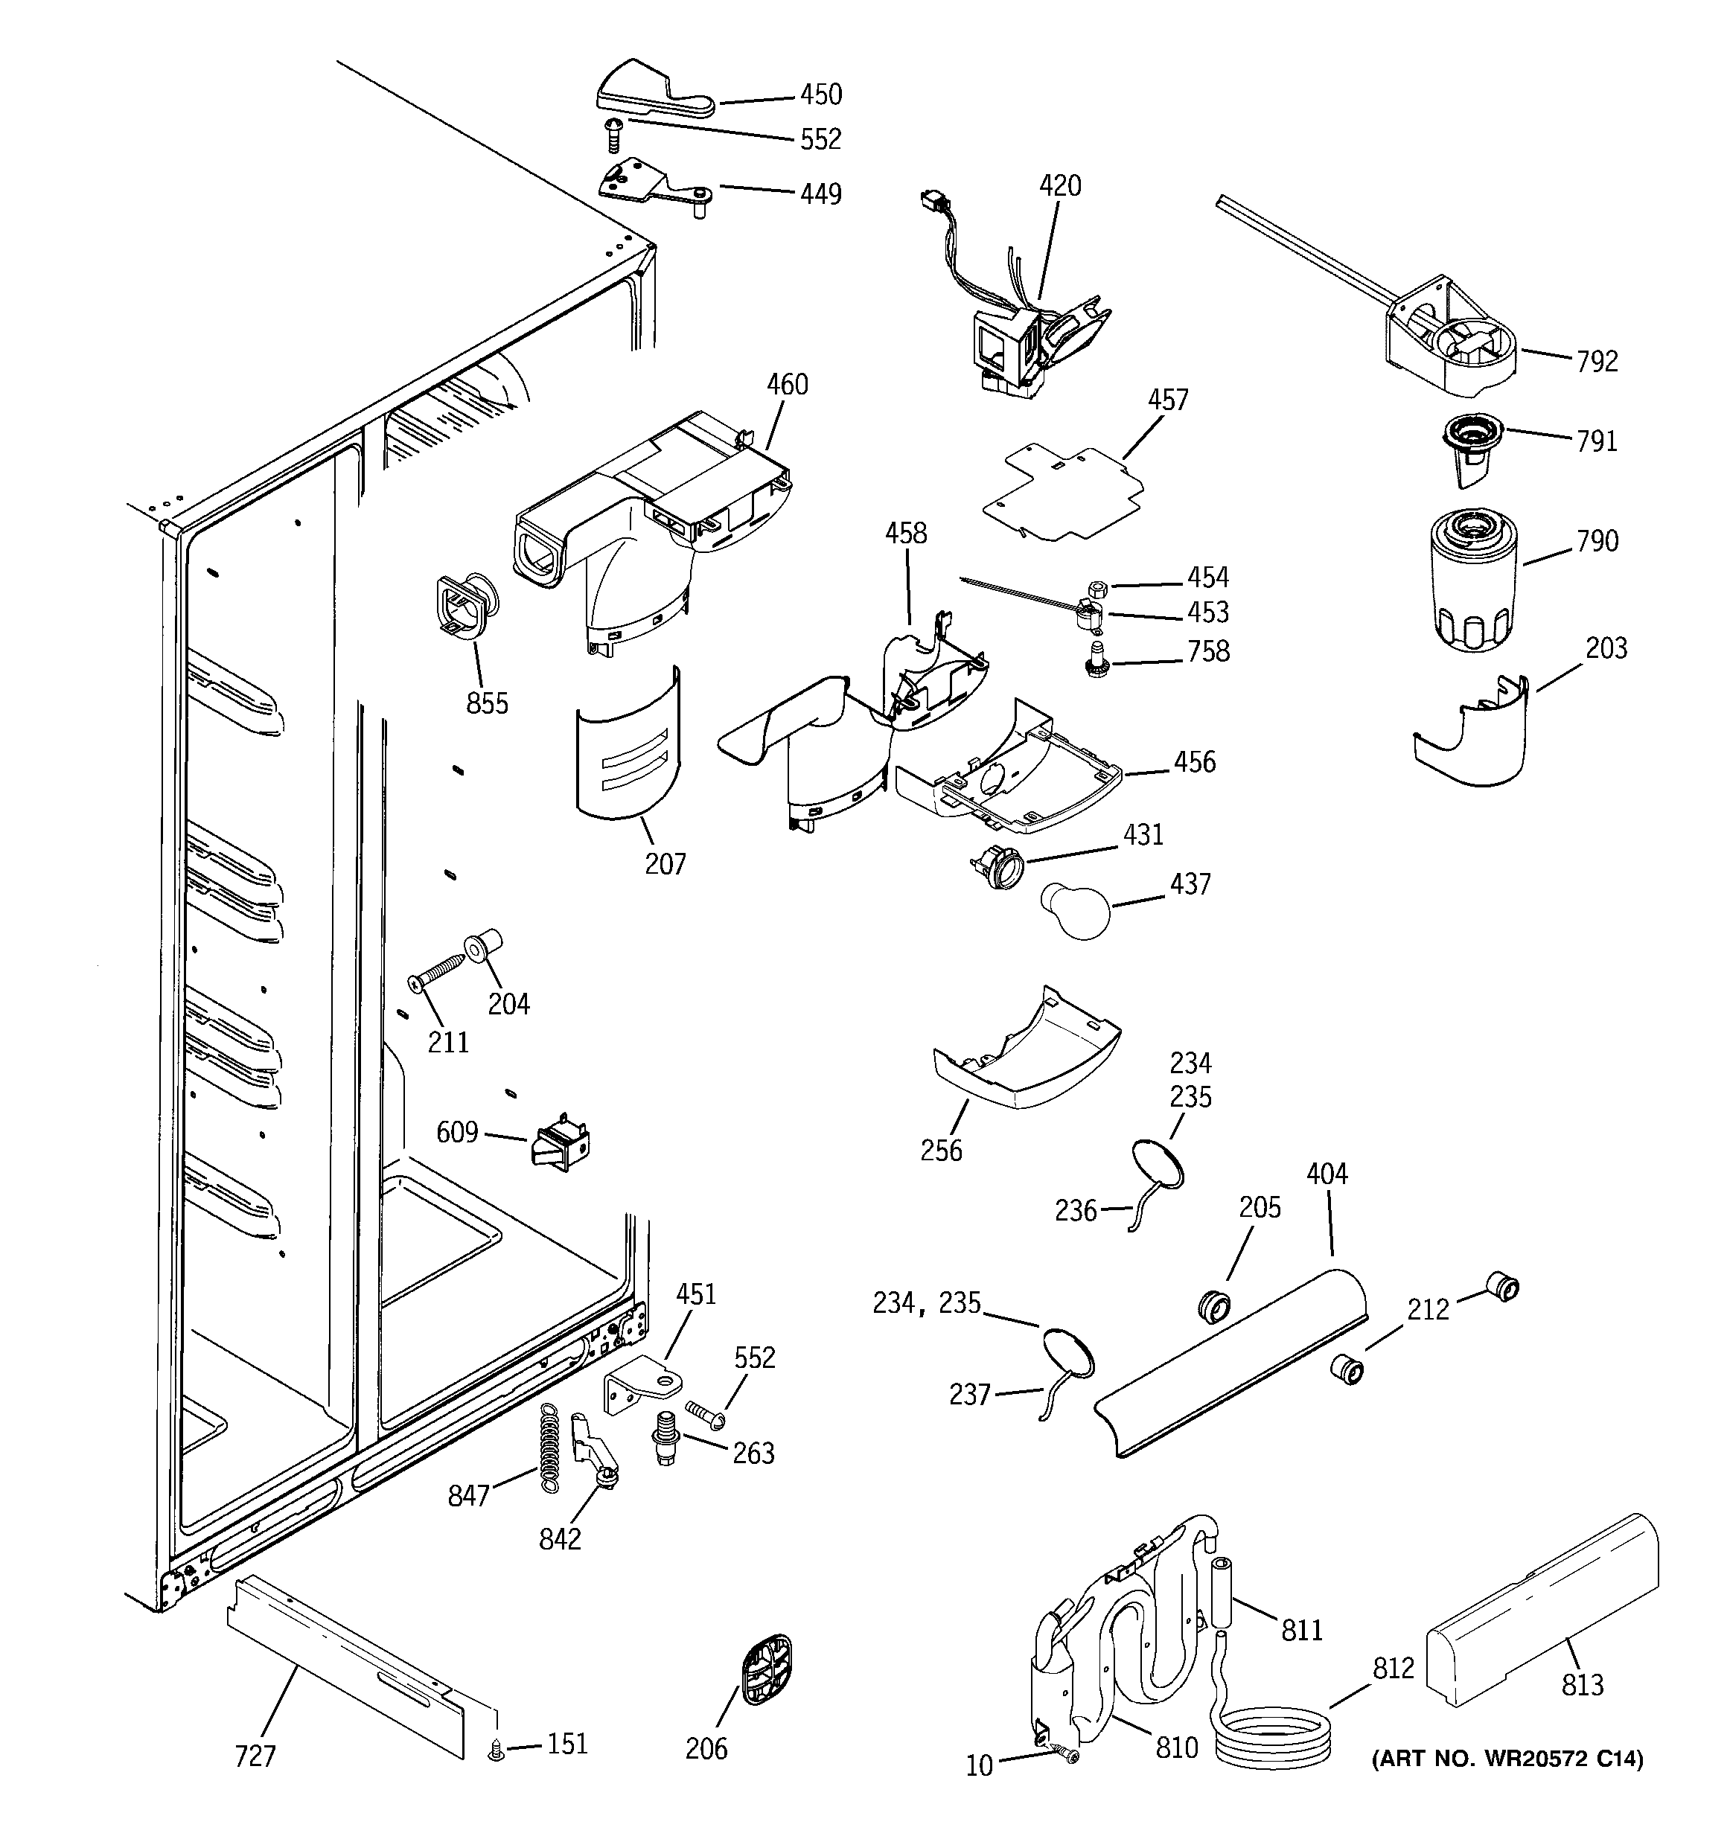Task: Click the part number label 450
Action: pos(820,95)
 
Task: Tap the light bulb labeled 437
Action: pos(1076,910)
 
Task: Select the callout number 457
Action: pos(1167,400)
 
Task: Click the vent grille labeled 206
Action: pos(767,1671)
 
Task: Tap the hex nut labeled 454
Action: pos(1095,587)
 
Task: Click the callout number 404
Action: pos(1327,1174)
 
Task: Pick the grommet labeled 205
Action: pos(1214,1306)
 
